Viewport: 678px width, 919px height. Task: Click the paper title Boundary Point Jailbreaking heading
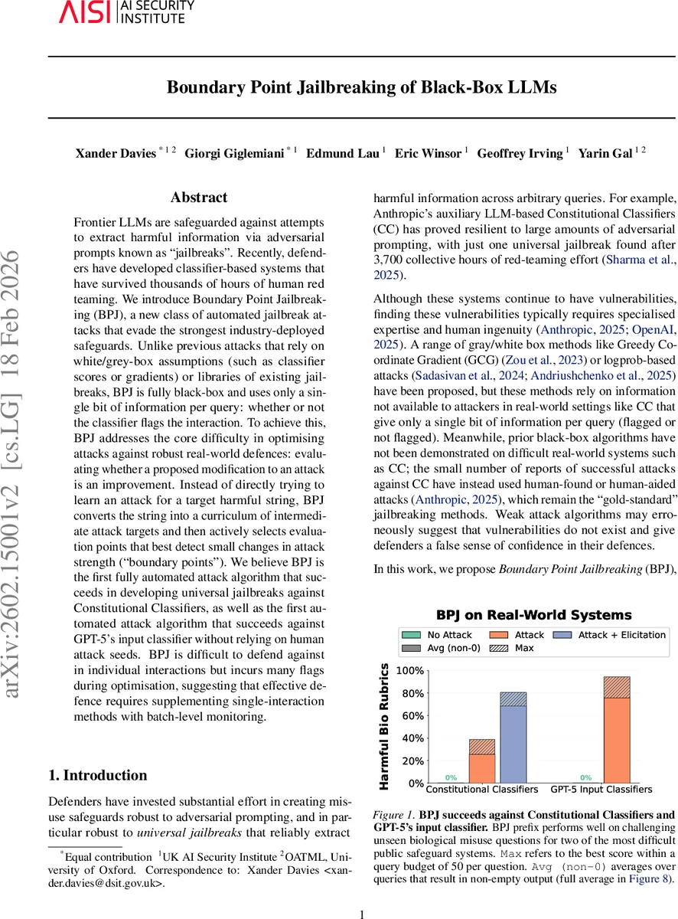click(x=362, y=87)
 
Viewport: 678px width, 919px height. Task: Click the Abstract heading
click(x=199, y=198)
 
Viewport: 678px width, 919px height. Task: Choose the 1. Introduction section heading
click(x=98, y=775)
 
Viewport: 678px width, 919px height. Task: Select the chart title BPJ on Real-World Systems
click(x=533, y=615)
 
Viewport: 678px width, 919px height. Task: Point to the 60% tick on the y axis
click(x=412, y=715)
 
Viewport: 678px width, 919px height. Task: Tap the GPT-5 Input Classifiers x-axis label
click(x=601, y=789)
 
